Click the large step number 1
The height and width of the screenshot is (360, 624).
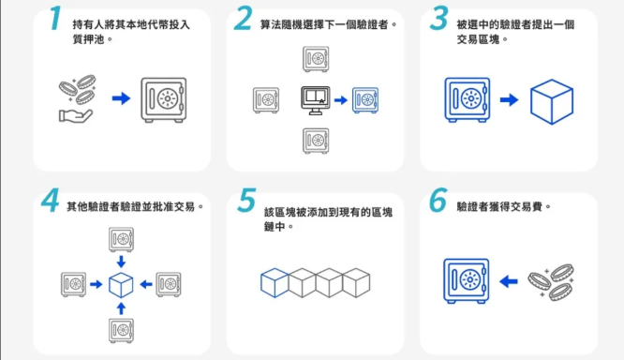[55, 18]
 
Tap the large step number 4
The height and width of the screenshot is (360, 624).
[51, 200]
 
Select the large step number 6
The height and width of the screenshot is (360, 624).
[438, 200]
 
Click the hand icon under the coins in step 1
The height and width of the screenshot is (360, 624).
[76, 116]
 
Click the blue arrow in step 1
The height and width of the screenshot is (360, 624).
[121, 97]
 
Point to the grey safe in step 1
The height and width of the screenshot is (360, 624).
[164, 99]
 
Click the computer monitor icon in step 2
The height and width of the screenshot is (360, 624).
[315, 100]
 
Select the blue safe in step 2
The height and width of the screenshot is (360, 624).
[365, 100]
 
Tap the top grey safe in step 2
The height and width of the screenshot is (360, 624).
[316, 59]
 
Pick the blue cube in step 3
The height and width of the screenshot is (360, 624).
[552, 101]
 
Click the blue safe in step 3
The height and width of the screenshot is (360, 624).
[468, 99]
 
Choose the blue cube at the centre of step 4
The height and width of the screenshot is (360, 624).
[121, 285]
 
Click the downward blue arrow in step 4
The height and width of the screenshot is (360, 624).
[121, 262]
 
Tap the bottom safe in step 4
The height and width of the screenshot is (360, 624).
[122, 331]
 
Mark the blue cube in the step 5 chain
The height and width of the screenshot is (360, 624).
[275, 283]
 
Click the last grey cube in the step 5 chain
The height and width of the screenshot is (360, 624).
[356, 283]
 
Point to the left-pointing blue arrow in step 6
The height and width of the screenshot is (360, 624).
[508, 281]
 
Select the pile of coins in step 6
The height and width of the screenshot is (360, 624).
[551, 282]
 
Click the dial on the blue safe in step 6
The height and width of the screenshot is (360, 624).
[470, 279]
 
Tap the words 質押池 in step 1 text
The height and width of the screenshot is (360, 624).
[87, 39]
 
